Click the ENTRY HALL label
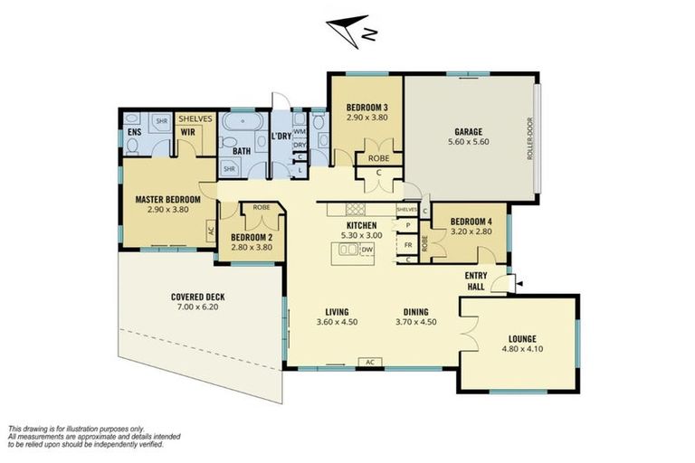pyautogui.click(x=478, y=280)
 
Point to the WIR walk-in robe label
pyautogui.click(x=189, y=132)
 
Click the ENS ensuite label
pyautogui.click(x=134, y=132)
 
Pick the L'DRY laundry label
pyautogui.click(x=281, y=137)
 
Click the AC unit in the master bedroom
pyautogui.click(x=212, y=231)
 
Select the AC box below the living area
pyautogui.click(x=369, y=362)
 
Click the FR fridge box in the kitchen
pyautogui.click(x=408, y=244)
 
